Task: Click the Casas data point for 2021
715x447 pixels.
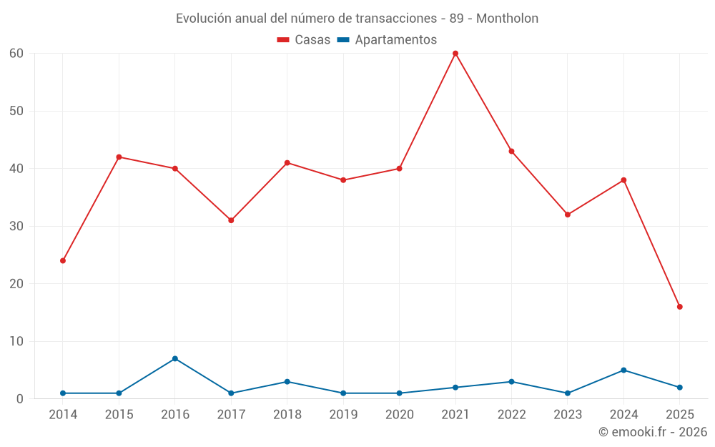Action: point(455,54)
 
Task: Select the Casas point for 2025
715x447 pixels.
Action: point(680,307)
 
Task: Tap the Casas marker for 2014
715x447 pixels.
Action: point(63,261)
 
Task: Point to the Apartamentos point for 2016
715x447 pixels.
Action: point(175,359)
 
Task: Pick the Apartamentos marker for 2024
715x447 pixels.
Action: point(623,370)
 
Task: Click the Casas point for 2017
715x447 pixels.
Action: point(231,220)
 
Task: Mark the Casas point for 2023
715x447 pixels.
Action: point(568,215)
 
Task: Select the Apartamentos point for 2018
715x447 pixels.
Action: point(287,382)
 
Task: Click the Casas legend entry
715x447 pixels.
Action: point(304,40)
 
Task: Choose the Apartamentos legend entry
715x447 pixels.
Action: point(387,40)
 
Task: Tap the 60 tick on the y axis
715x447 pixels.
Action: point(16,54)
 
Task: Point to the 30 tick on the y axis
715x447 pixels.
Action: point(16,226)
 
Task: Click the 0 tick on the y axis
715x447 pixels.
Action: point(20,399)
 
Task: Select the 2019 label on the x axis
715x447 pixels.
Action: point(343,415)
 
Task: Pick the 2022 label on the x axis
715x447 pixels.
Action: point(511,415)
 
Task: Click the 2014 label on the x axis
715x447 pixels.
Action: point(63,415)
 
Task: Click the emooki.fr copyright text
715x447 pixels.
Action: point(652,432)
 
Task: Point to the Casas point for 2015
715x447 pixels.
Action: point(119,157)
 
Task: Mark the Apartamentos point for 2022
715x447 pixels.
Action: point(511,382)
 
